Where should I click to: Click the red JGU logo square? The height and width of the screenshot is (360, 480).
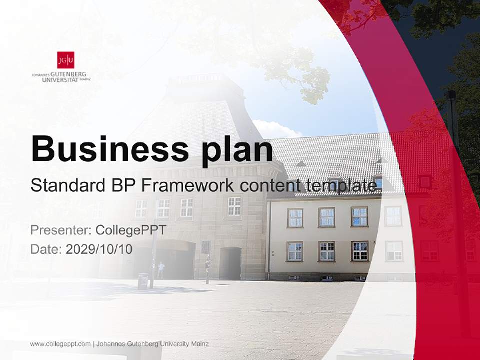65,60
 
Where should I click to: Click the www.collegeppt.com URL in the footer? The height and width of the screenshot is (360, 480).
60,344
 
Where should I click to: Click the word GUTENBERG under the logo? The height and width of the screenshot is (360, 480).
68,74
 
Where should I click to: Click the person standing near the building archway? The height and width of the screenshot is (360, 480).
161,270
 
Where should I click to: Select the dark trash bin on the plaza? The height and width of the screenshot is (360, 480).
143,281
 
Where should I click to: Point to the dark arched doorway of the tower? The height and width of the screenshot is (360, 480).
230,263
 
